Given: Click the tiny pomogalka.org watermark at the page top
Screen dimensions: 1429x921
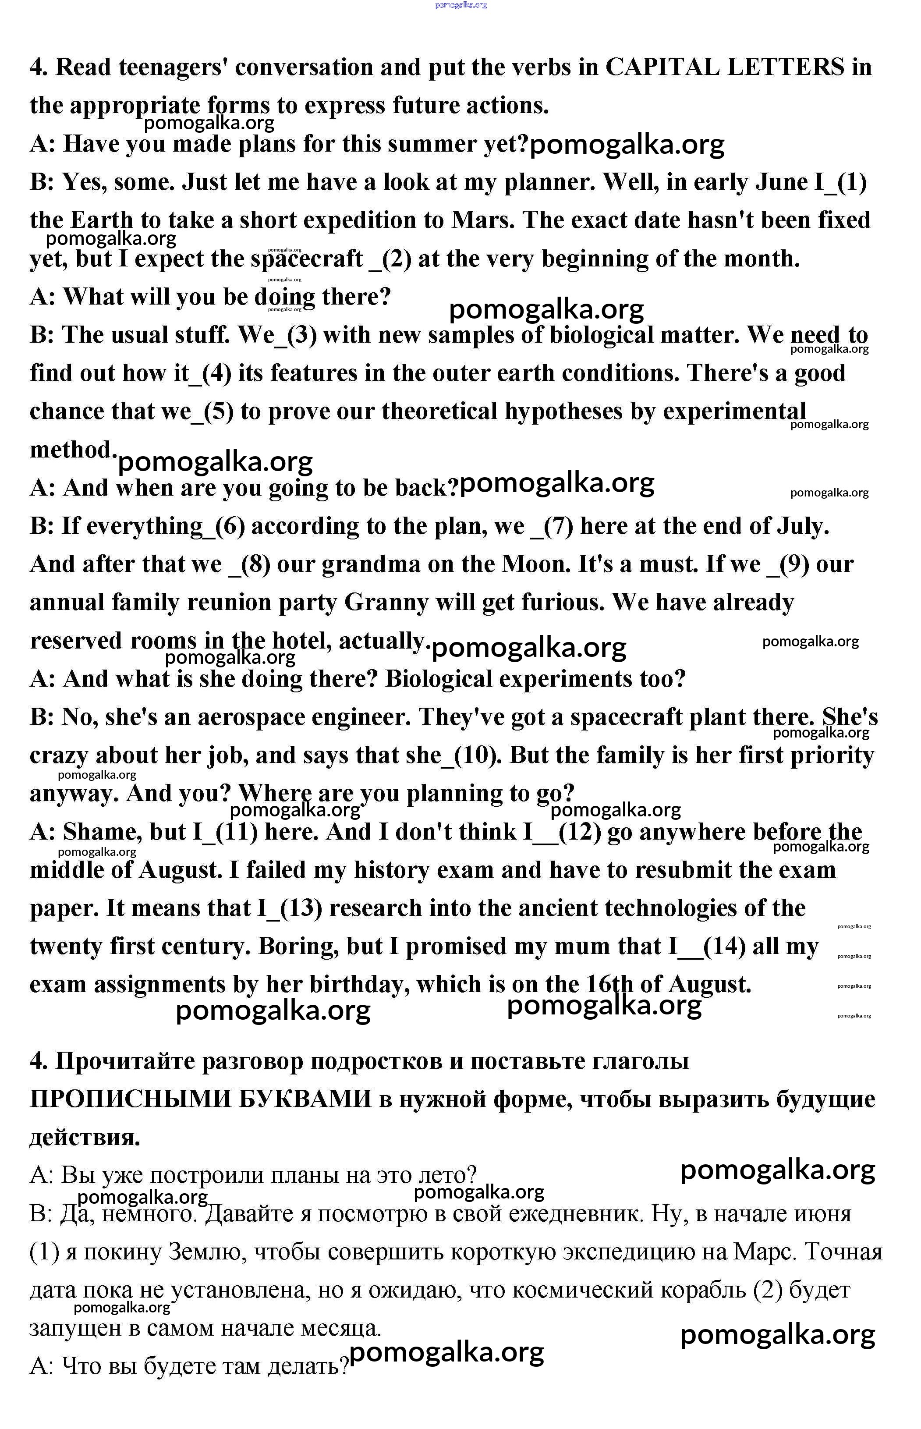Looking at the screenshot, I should pyautogui.click(x=460, y=5).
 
